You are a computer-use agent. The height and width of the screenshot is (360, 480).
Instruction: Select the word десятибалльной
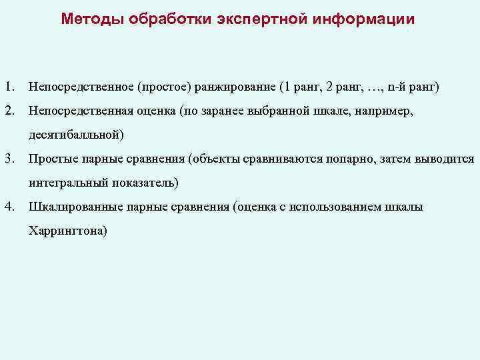pyautogui.click(x=75, y=135)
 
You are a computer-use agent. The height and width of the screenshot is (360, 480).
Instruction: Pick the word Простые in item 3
pyautogui.click(x=51, y=159)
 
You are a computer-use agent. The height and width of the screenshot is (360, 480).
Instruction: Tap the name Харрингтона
pyautogui.click(x=67, y=231)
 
